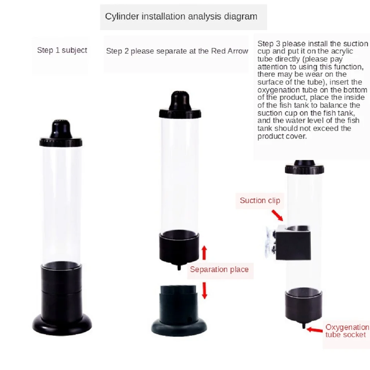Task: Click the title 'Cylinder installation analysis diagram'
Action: [181, 16]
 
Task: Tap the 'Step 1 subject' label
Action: [62, 50]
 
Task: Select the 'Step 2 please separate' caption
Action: [177, 51]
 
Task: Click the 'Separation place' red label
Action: [219, 270]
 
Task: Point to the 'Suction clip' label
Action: [260, 201]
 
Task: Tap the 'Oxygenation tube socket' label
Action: [347, 331]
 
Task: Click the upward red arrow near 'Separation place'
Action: [204, 253]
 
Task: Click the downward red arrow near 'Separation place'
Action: [205, 291]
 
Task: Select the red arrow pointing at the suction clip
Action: [277, 215]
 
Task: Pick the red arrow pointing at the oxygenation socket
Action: [315, 329]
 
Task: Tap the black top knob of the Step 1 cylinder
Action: [61, 129]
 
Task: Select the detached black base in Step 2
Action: [179, 311]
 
